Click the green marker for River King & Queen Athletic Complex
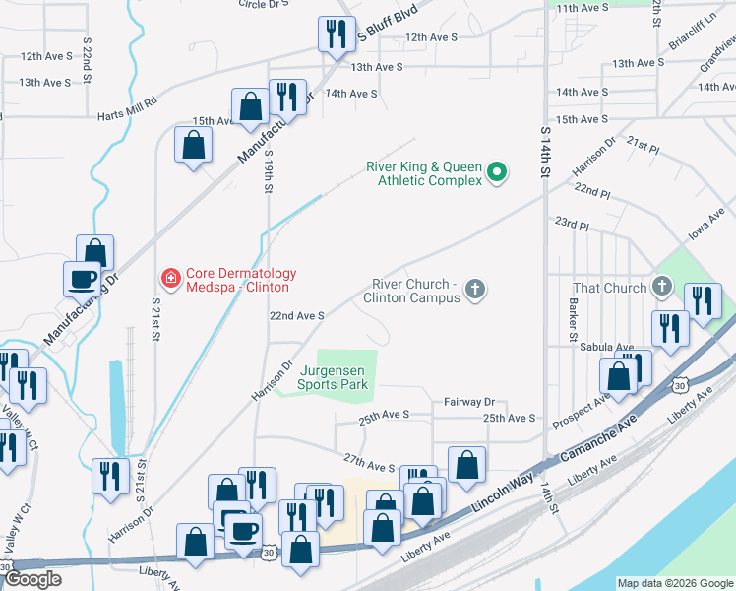[497, 173]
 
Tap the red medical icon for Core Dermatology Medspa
[171, 280]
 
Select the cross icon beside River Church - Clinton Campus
[475, 290]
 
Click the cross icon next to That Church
[662, 288]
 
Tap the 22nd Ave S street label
[297, 316]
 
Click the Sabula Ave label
[611, 348]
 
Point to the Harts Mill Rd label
[127, 115]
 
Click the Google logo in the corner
[32, 579]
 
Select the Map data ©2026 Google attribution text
[675, 583]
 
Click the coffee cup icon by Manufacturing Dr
[83, 278]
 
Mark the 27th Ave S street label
[369, 462]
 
